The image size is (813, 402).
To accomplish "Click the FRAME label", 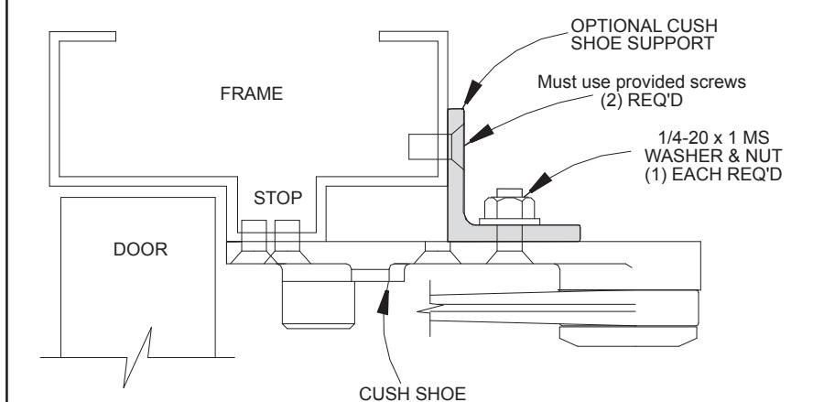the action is tap(252, 93).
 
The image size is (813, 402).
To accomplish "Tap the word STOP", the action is tap(278, 198).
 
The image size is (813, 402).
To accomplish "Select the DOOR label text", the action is tap(140, 249).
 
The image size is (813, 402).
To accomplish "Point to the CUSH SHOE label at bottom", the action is tap(412, 394).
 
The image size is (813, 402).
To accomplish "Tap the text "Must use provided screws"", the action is tap(642, 81).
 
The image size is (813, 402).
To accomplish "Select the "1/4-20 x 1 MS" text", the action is tap(713, 137).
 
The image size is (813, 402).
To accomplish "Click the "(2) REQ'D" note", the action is tap(642, 100).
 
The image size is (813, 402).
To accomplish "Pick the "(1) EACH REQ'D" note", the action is tap(713, 174).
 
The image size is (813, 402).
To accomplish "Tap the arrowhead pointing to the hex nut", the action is tap(538, 184).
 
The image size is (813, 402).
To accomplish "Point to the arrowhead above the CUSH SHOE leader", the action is tap(384, 303).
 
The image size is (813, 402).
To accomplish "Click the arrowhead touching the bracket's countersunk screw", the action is tap(480, 134).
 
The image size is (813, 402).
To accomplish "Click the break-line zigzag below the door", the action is tap(137, 357).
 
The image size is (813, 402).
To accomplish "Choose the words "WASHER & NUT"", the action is tap(713, 156).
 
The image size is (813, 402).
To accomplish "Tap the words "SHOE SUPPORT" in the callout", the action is tap(643, 44).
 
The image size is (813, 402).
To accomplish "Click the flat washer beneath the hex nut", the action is tap(510, 222).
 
